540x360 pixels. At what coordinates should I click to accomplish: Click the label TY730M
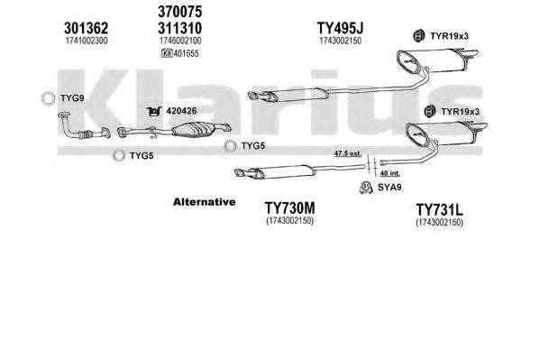[x=289, y=209]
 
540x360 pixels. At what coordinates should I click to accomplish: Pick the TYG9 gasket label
[x=69, y=97]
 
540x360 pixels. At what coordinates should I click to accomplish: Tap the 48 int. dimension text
[x=392, y=172]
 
